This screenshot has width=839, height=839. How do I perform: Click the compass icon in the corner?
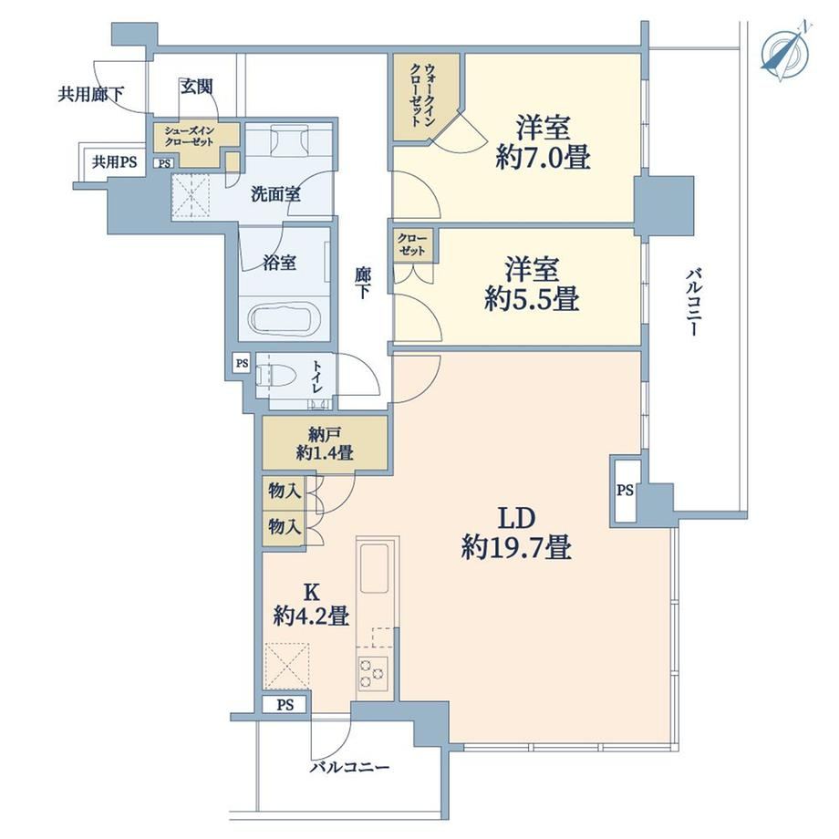point(785,52)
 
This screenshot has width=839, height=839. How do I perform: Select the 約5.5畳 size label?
point(532,299)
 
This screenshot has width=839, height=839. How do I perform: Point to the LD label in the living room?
point(517,518)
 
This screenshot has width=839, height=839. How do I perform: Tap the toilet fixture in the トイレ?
point(274,375)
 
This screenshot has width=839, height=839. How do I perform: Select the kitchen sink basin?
point(375,568)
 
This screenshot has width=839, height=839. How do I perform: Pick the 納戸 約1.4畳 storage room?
point(325,443)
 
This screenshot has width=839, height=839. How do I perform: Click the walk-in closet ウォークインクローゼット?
point(423,97)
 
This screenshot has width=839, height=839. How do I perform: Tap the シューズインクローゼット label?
point(189,136)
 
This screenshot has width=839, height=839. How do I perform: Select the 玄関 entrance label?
point(196,86)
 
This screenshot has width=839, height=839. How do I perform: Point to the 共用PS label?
point(115,161)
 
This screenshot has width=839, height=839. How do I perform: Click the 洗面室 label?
point(275,194)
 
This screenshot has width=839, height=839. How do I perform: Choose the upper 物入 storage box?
point(284,492)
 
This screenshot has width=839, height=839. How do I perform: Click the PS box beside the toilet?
point(242,363)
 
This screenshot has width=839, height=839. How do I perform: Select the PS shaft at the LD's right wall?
point(625,490)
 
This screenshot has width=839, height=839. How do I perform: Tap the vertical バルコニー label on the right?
point(693,303)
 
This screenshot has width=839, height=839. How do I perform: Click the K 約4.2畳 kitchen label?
point(311,606)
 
